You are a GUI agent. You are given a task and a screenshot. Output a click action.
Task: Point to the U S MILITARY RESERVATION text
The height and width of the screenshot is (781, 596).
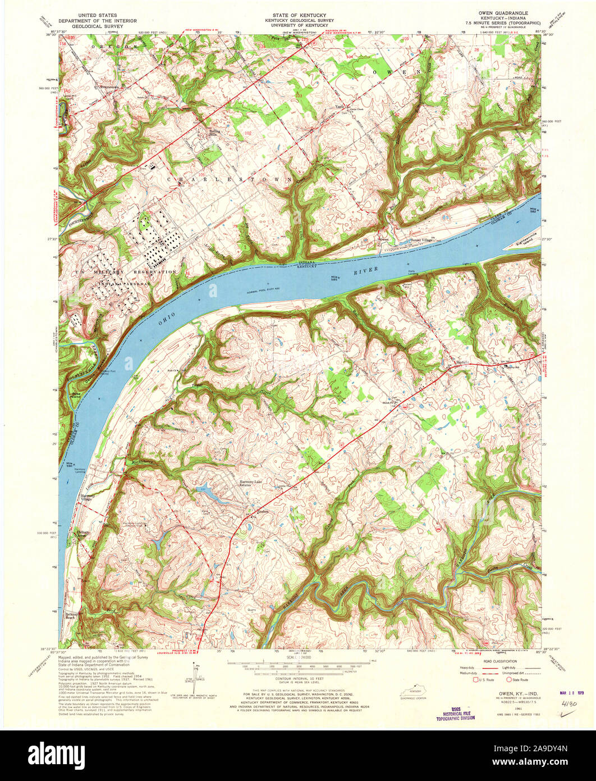tap(118, 272)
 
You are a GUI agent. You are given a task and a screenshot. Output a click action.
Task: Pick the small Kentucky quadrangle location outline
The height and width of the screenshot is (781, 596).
tap(414, 693)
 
